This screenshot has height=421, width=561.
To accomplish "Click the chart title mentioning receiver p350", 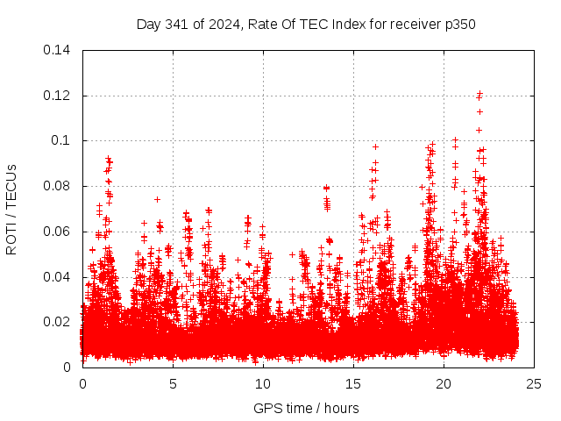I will click(306, 24).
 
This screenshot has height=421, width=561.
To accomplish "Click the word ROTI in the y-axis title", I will click(11, 239).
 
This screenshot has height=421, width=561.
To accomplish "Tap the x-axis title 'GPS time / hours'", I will click(306, 408).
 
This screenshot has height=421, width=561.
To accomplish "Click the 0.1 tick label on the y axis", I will click(62, 140).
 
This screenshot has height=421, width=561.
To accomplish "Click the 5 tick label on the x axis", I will click(173, 383).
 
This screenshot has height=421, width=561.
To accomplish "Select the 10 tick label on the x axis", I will click(263, 383).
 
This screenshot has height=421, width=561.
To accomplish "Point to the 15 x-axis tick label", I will click(353, 383).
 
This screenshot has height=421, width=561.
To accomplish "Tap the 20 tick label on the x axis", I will click(444, 383).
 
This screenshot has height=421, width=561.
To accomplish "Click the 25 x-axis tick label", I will click(534, 383).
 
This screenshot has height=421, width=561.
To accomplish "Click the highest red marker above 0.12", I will click(479, 93).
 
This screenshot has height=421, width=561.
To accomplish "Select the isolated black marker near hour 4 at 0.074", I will click(157, 199).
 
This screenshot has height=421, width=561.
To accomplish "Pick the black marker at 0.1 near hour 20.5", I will click(455, 139).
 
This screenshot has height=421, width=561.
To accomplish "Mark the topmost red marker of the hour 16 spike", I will click(375, 146).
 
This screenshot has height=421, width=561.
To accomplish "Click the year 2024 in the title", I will click(223, 24).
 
